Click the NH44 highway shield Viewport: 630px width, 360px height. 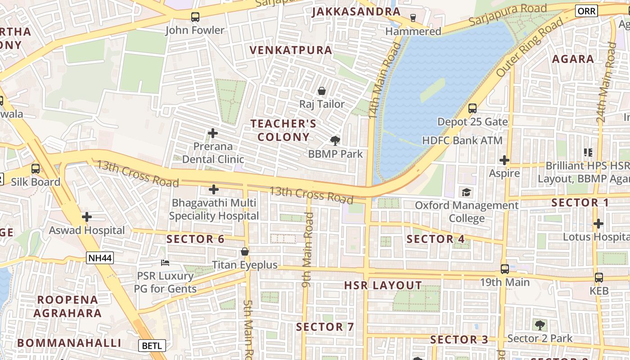coord(100,258)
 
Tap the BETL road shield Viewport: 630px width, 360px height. coord(152,346)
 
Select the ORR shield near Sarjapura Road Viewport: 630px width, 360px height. coord(586,11)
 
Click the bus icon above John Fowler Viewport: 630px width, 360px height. coord(195,17)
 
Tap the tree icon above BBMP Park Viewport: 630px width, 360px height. coord(335,141)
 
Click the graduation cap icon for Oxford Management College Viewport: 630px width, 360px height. coord(466,193)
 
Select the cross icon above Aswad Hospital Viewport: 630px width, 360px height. coord(87,217)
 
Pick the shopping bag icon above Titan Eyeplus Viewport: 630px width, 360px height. coord(244,252)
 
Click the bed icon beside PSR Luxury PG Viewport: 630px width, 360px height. coord(165,262)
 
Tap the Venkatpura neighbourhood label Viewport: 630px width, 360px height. coord(291,50)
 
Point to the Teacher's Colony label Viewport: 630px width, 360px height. coord(283,130)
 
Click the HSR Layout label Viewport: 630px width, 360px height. coord(383,285)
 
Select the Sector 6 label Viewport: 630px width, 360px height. coord(195,239)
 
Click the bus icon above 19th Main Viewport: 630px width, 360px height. coord(505,269)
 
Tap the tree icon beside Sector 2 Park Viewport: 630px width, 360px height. coord(540,325)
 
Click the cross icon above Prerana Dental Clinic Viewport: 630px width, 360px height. coord(213,133)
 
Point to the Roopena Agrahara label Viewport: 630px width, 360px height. coord(69,306)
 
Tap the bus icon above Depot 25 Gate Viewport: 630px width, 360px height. coord(472,108)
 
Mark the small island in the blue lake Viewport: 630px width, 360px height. coord(432,90)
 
